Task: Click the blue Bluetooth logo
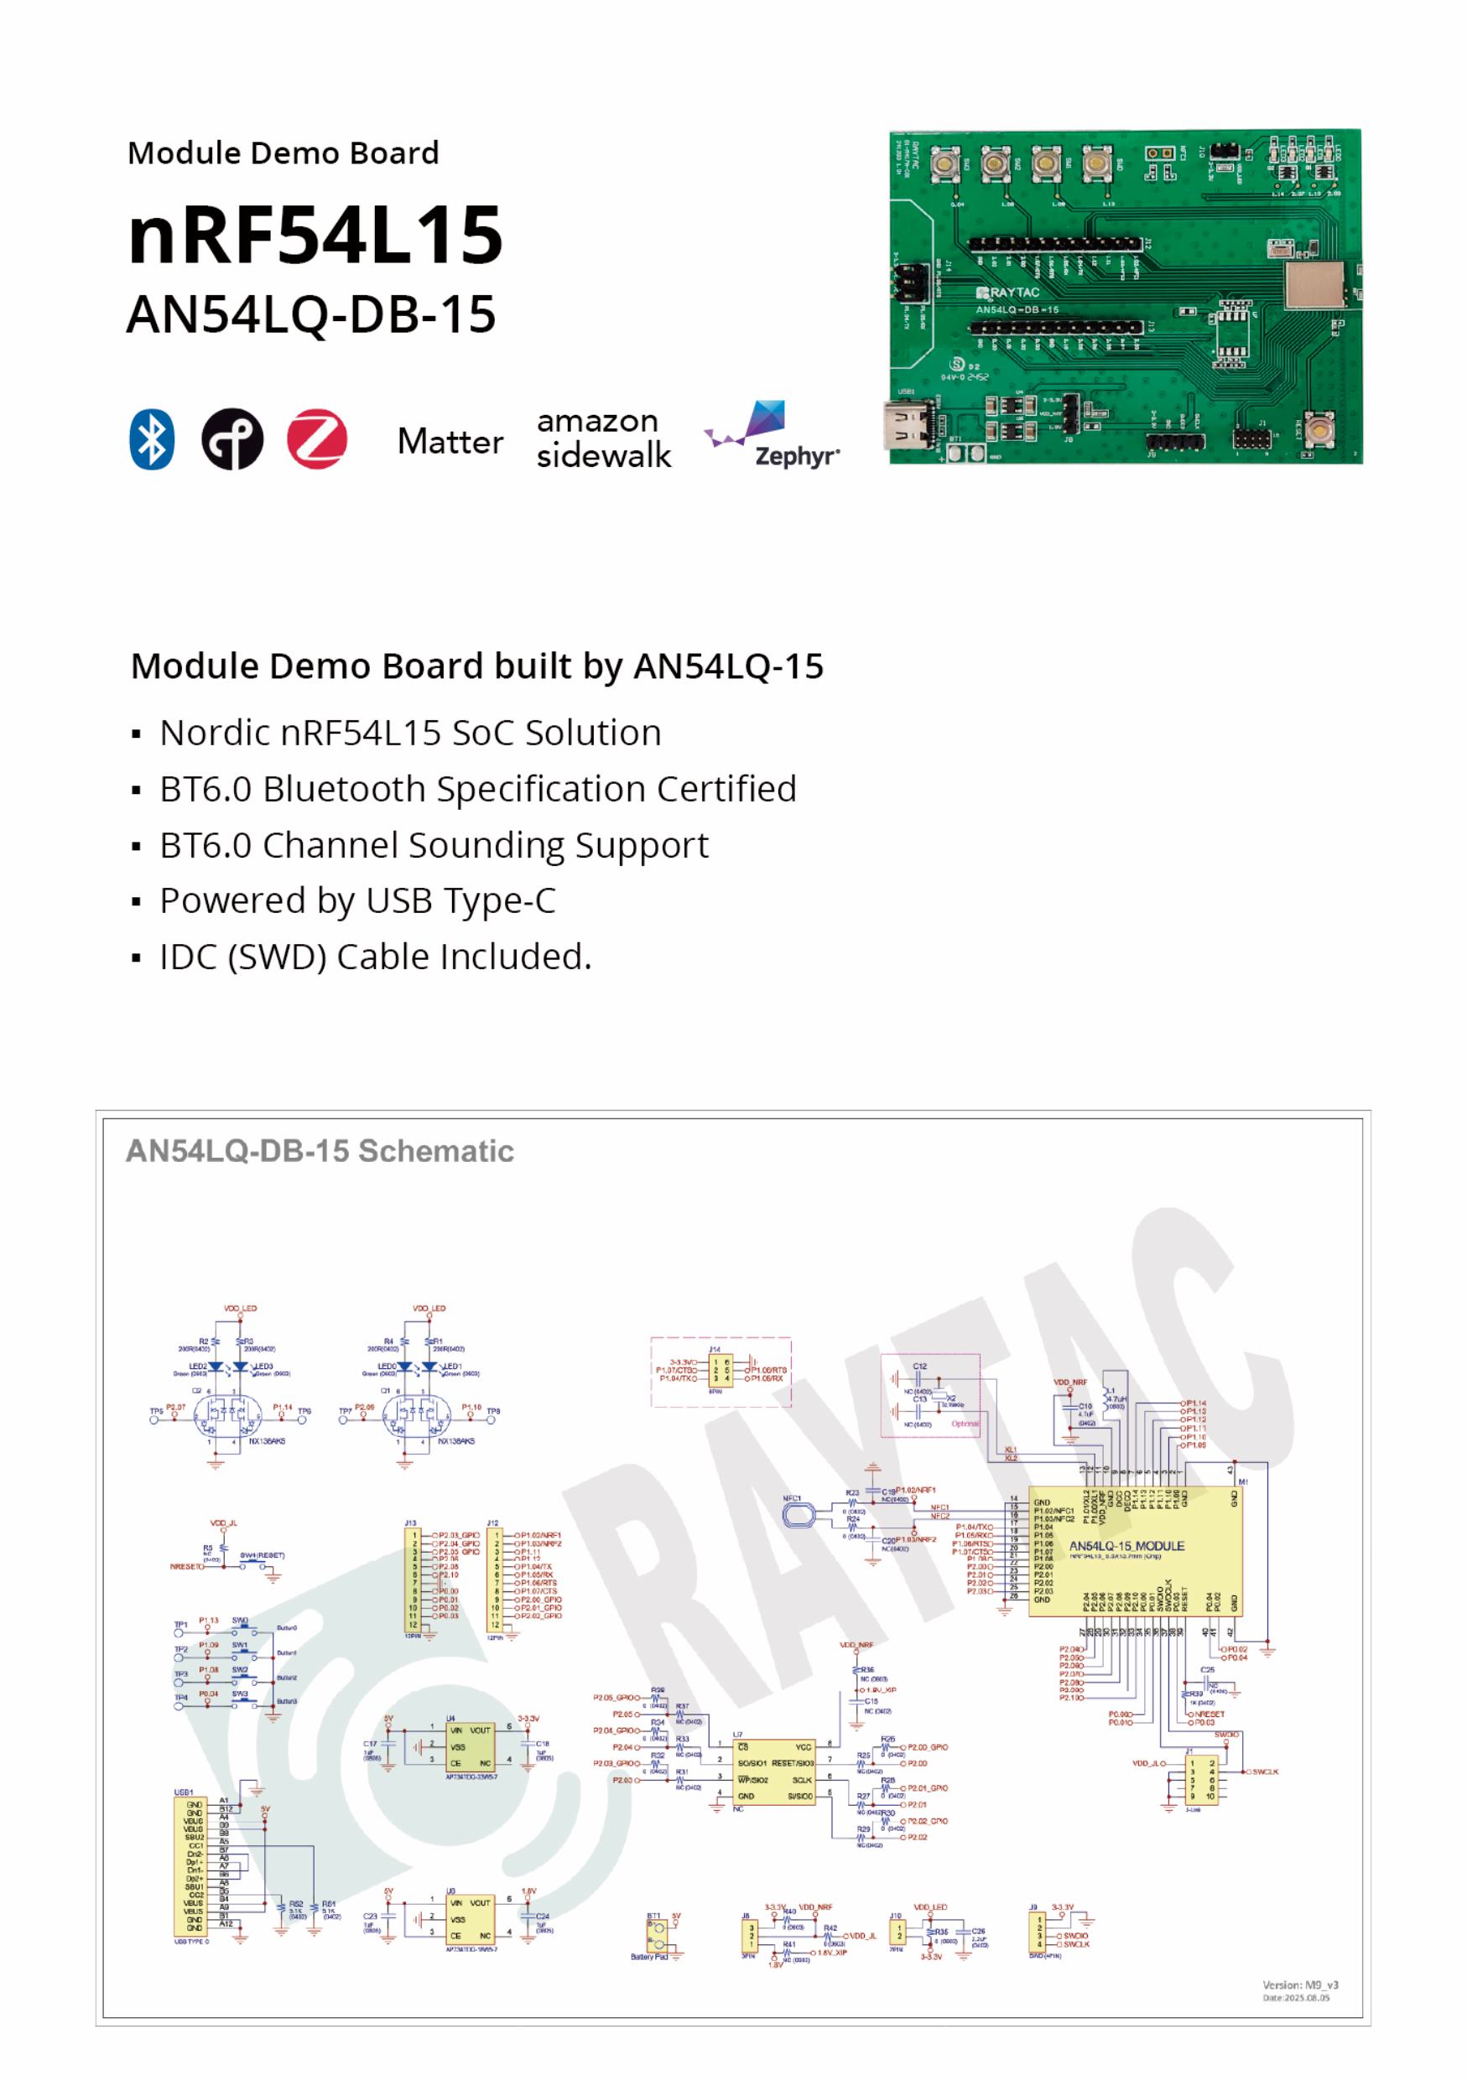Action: click(x=151, y=439)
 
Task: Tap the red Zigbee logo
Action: click(x=316, y=439)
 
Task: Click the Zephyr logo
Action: click(x=772, y=436)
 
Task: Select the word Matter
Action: click(x=450, y=442)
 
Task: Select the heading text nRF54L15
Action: click(x=315, y=235)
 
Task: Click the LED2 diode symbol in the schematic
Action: click(x=216, y=1367)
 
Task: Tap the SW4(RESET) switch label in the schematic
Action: click(x=262, y=1555)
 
